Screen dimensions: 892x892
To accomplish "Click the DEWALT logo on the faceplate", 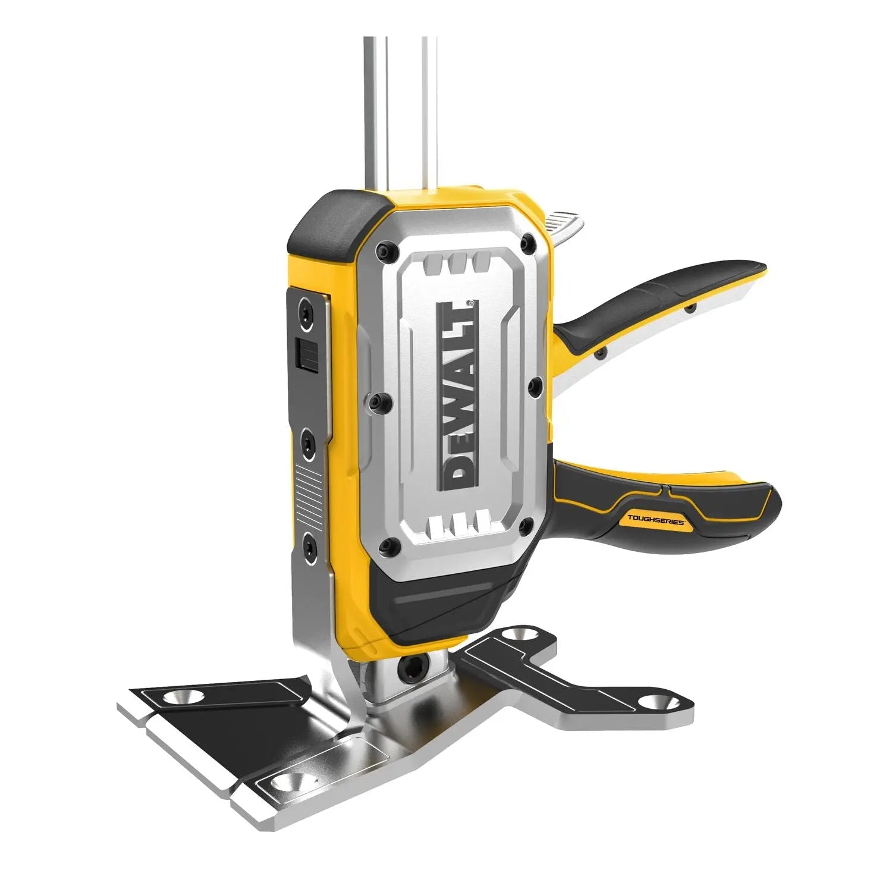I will point(457,395).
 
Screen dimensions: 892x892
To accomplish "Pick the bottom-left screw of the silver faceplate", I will point(389,542).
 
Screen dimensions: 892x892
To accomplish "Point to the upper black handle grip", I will point(654,300).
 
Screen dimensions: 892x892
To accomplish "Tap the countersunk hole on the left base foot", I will point(182,696).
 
